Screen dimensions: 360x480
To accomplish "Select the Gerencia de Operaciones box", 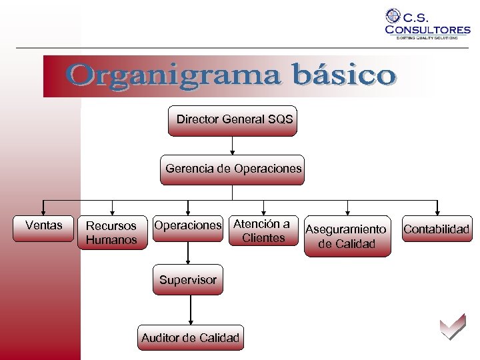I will point(233,169).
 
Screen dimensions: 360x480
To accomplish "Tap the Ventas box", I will point(43,225).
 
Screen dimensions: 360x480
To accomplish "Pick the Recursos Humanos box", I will point(111,233).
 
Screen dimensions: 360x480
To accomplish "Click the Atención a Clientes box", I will point(263,231).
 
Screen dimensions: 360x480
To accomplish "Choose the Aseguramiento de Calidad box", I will point(346,236).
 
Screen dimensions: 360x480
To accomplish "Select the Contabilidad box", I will point(436,229).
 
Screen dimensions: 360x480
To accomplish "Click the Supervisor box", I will point(188,280).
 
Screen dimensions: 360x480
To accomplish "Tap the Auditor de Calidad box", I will point(190,338).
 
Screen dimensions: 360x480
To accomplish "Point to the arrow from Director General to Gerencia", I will point(232,146).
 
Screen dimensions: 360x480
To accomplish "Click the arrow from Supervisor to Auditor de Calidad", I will point(191,309).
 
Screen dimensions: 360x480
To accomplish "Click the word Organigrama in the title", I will point(164,75).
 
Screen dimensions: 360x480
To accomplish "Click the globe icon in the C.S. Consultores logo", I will point(393,16).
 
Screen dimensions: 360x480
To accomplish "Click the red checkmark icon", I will point(452,327).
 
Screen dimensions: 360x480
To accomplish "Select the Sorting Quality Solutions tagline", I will point(427,38).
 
